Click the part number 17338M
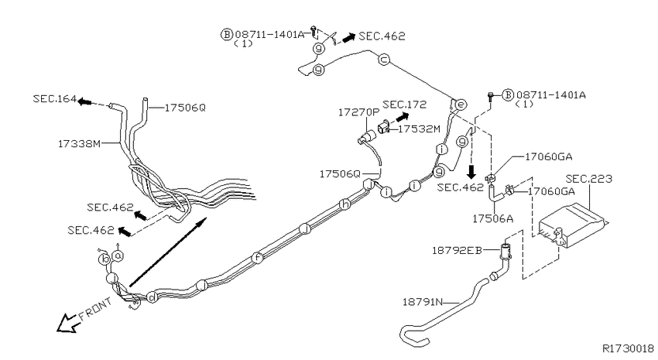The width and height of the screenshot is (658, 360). click(x=79, y=143)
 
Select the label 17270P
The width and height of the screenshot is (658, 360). click(x=358, y=112)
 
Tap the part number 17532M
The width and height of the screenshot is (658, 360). click(x=419, y=129)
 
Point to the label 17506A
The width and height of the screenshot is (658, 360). click(x=492, y=218)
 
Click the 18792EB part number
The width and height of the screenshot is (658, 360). click(x=457, y=251)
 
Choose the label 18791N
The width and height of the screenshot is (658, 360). click(x=423, y=302)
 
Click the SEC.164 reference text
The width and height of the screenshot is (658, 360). click(x=54, y=99)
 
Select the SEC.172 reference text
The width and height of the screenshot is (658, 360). click(x=405, y=105)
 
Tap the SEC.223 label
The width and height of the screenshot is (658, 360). click(x=589, y=179)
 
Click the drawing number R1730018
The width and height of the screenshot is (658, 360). click(x=629, y=348)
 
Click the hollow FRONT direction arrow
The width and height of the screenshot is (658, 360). click(x=68, y=323)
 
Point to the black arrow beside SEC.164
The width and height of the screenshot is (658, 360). click(x=85, y=101)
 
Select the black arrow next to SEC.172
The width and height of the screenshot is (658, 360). click(x=403, y=117)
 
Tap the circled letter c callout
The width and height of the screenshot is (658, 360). click(x=383, y=60)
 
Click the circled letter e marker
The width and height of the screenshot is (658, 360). click(x=461, y=104)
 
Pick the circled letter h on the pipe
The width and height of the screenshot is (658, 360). click(x=344, y=204)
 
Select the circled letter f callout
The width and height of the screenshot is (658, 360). click(x=258, y=258)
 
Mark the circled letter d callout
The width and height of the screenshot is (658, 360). click(x=152, y=297)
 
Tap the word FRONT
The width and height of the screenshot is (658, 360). click(x=96, y=308)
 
